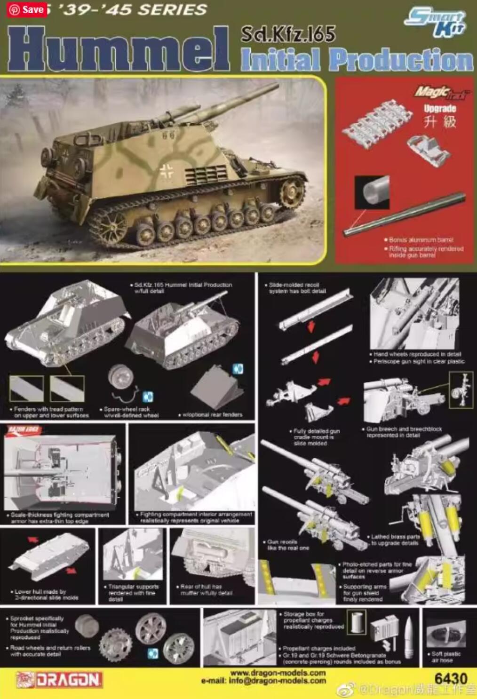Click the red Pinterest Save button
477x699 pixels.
pos(27,9)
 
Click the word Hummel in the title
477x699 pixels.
pos(118,49)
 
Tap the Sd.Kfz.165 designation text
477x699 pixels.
pos(288,34)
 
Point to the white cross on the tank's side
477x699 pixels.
pos(166,172)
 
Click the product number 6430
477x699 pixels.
pos(451,679)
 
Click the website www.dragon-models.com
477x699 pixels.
pos(278,673)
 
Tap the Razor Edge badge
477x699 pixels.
pos(23,429)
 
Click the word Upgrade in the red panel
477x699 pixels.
pos(440,109)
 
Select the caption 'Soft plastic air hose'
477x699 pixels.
pos(445,657)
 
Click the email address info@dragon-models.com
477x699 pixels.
pos(263,680)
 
